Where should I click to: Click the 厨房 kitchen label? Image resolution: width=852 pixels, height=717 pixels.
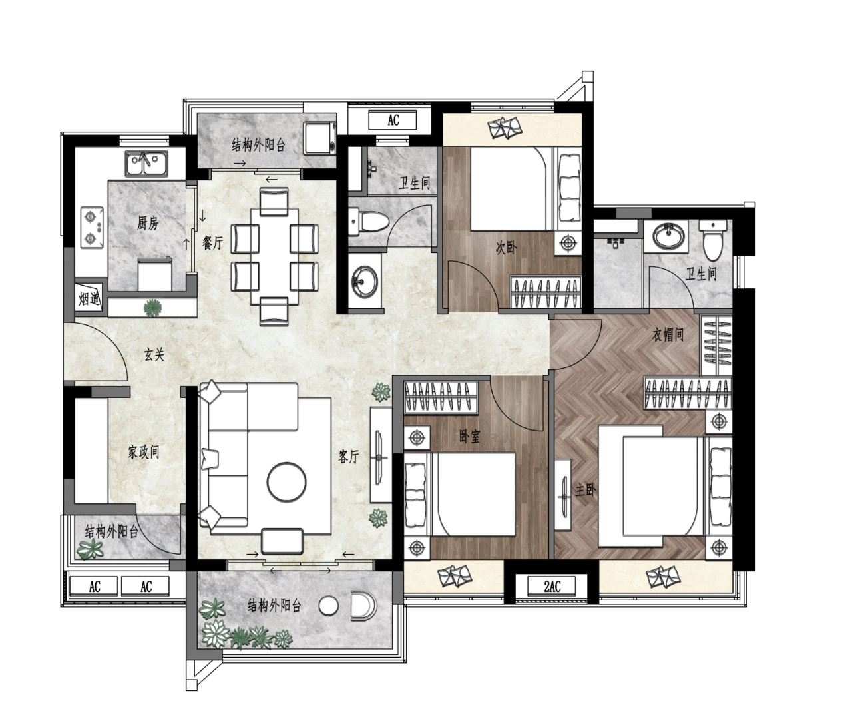coord(147,223)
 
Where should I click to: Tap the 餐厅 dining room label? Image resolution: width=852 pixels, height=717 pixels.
coord(213,243)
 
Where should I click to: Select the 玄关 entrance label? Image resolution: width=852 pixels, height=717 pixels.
coord(154,355)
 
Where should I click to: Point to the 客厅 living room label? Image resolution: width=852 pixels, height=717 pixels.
coord(349,456)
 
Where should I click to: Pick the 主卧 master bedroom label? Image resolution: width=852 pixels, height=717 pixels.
coord(586,490)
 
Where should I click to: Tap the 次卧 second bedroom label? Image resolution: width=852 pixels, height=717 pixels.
coord(506,247)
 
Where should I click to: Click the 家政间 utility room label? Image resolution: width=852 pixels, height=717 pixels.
coord(143,452)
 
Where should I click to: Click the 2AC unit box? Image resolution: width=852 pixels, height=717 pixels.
coord(551,587)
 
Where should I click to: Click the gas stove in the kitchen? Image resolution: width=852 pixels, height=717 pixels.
coord(92,227)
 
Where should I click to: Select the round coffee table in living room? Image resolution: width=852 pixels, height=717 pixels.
coord(286,481)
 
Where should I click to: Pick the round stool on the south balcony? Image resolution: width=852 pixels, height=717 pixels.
coord(328,606)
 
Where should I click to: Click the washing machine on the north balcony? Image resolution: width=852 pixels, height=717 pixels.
coord(320,138)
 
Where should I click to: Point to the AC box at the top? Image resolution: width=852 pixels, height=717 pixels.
coord(393,120)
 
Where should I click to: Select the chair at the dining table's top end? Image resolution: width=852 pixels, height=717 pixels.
coord(274,201)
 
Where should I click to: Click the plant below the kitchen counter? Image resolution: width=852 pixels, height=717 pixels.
coord(153,307)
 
